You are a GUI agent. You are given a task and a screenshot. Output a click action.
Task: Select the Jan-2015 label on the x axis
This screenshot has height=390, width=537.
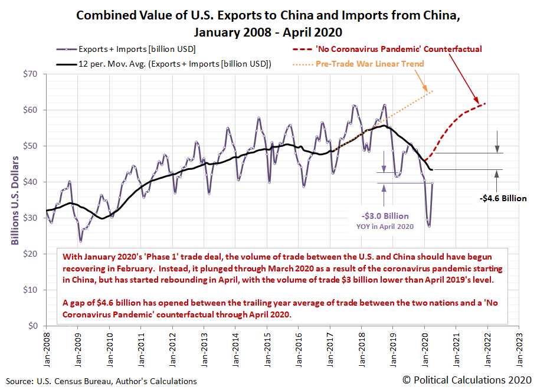267,343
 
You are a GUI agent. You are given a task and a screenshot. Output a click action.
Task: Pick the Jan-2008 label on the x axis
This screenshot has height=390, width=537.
46,343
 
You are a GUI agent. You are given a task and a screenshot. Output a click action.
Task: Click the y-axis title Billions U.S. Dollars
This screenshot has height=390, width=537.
15,200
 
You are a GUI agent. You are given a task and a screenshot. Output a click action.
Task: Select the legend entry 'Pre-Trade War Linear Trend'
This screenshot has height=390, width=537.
390,64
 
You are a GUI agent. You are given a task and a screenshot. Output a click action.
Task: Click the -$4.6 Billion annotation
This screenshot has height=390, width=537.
503,198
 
